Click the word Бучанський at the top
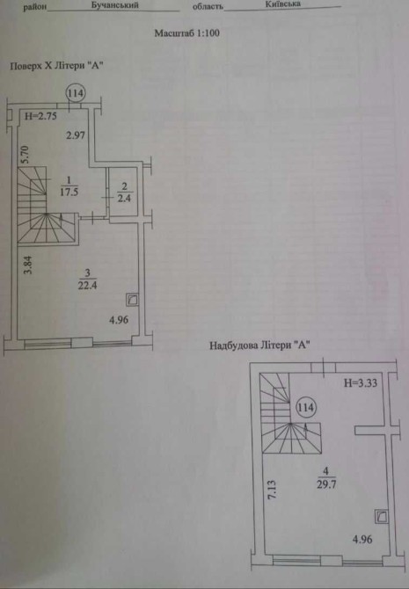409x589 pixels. pos(114,5)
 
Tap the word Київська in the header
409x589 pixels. pos(282,4)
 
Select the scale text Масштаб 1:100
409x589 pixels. pos(186,33)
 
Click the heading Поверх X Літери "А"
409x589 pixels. pos(56,66)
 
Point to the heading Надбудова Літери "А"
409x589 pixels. pos(259,345)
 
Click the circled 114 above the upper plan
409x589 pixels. pos(76,93)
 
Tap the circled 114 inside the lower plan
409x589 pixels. pos(306,407)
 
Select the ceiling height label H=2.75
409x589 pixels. pos(40,116)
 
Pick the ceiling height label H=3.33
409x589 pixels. pos(361,383)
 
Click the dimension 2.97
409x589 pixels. pos(76,135)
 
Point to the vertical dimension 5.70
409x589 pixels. pos(24,155)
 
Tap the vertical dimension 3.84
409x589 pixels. pos(28,265)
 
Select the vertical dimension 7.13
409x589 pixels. pos(272,490)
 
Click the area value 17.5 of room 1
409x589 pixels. pos(69,192)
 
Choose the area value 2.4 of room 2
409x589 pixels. pos(124,198)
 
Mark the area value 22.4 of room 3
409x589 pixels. pos(87,285)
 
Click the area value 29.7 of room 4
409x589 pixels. pos(326,484)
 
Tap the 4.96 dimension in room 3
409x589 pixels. pos(119,320)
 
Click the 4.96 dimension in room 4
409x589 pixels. pos(362,540)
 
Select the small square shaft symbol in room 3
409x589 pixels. pos(132,300)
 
